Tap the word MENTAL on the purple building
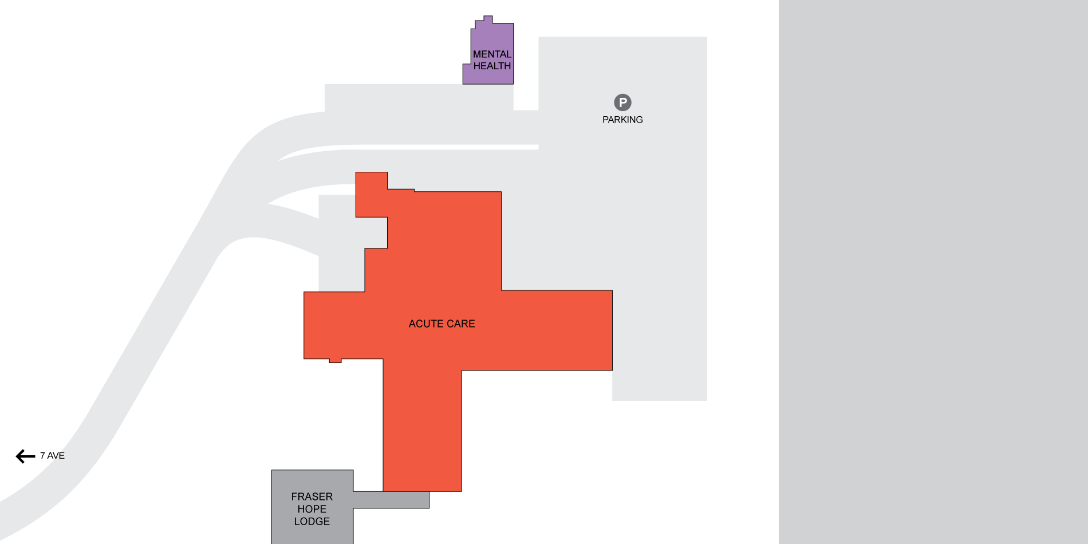tap(492, 54)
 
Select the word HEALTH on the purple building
tap(492, 66)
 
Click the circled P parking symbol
tap(622, 103)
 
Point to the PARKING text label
tap(622, 120)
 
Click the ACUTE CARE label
tap(441, 324)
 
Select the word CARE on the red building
tap(462, 324)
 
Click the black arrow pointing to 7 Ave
tap(25, 456)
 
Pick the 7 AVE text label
tap(52, 456)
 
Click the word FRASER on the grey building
tap(312, 496)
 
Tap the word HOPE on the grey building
tap(312, 509)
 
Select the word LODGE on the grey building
tap(312, 521)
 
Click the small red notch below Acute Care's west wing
tap(336, 361)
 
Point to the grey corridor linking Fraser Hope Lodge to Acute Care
tap(391, 499)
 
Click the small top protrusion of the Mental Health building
tap(488, 19)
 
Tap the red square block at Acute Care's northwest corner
tap(371, 194)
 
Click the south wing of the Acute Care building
tap(422, 431)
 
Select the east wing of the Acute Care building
tap(557, 330)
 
